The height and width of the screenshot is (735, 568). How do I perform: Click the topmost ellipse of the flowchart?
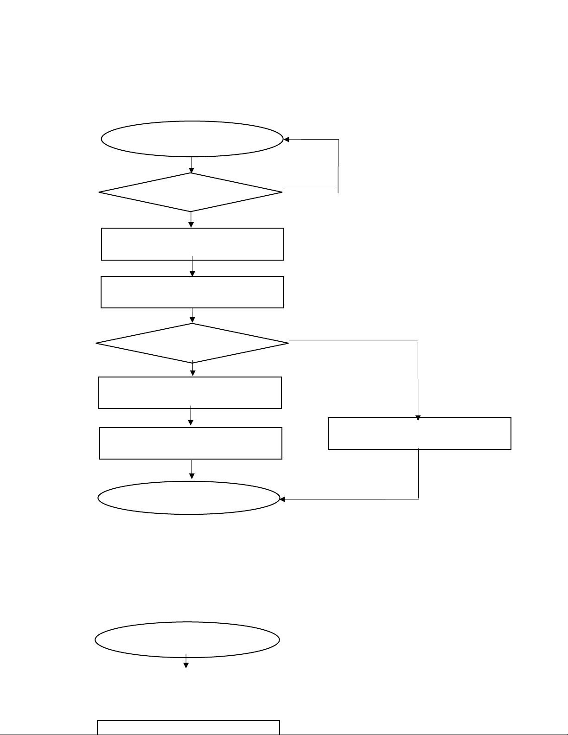[192, 139]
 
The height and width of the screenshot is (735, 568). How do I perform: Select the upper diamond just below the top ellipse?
[191, 192]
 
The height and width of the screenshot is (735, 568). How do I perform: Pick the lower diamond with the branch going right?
[192, 343]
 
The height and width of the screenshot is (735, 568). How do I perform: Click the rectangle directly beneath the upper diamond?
[192, 244]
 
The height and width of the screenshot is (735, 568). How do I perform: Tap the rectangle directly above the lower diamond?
[192, 292]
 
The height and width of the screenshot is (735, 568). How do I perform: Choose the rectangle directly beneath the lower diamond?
[190, 393]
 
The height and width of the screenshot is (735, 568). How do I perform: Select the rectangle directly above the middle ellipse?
[191, 443]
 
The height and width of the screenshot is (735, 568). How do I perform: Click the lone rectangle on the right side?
[420, 433]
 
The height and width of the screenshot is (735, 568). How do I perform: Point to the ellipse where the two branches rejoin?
[189, 498]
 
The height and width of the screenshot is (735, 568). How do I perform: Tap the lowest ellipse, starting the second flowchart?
[187, 639]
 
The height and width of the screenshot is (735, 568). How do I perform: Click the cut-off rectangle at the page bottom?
[188, 728]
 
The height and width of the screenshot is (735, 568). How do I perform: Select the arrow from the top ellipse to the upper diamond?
[191, 165]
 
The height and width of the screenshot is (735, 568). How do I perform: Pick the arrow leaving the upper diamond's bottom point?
[191, 220]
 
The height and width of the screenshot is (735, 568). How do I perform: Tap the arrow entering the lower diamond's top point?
[192, 316]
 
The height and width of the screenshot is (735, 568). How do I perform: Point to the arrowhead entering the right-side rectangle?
[418, 418]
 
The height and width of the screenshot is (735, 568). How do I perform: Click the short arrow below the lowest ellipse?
[186, 662]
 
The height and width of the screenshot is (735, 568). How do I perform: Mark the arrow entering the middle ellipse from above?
[191, 470]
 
